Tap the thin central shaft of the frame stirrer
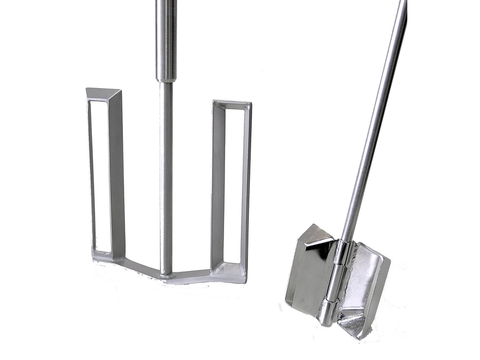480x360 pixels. coord(165,178)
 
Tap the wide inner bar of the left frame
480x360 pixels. coord(117,173)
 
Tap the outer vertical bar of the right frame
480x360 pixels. coord(246,187)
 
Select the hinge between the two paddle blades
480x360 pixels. coord(334,281)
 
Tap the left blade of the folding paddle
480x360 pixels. coord(309,272)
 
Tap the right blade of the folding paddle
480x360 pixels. coord(366,286)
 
